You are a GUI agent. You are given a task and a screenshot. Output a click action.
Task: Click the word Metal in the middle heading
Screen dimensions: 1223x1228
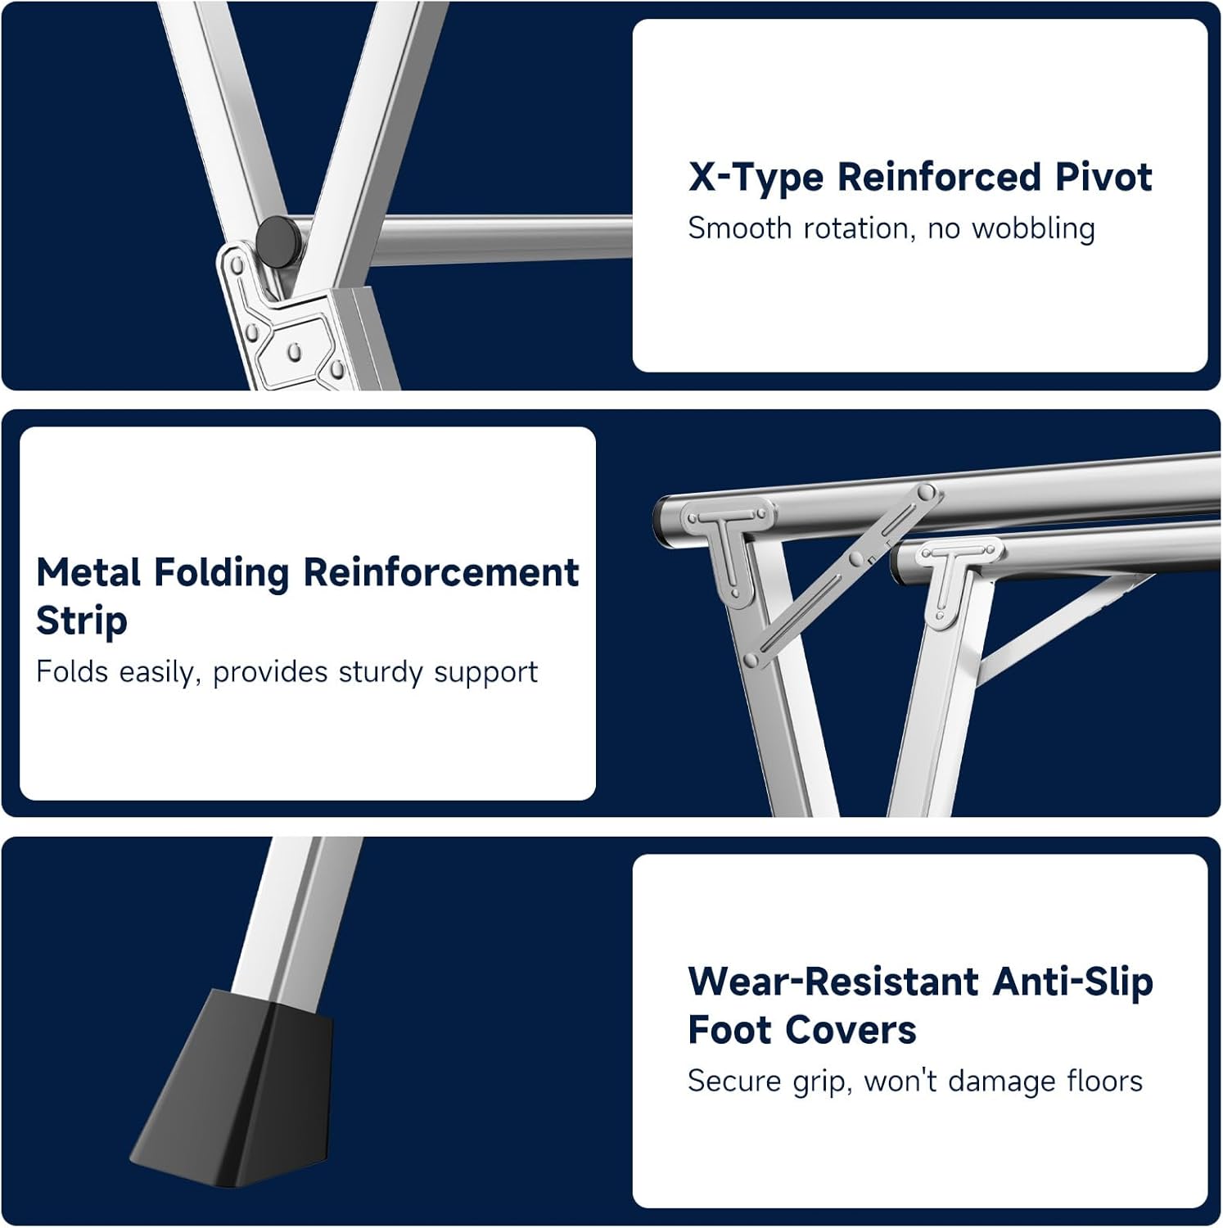coord(88,572)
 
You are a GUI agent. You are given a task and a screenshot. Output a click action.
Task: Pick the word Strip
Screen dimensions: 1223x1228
coord(82,621)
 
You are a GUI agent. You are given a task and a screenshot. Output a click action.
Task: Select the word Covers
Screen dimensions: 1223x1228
coord(846,1030)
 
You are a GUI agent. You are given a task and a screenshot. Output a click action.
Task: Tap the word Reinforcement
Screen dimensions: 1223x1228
coord(442,572)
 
